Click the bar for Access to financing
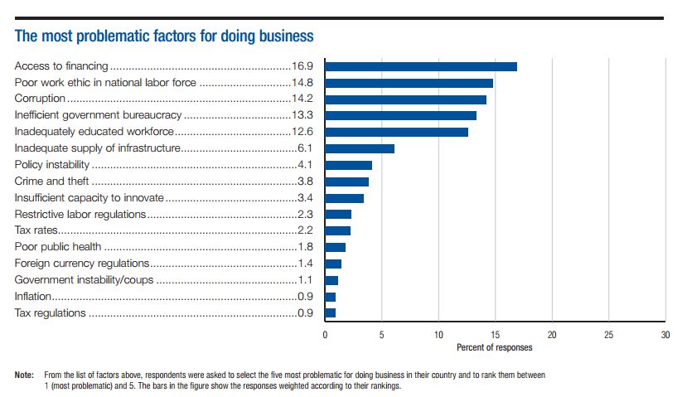pyautogui.click(x=420, y=66)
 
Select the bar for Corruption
pyautogui.click(x=405, y=99)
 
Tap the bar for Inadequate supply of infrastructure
pyautogui.click(x=359, y=148)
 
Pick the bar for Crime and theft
pyautogui.click(x=346, y=182)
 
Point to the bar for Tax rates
pyautogui.click(x=337, y=230)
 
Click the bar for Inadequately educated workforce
pyautogui.click(x=396, y=132)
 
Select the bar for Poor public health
pyautogui.click(x=335, y=247)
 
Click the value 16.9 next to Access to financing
pyautogui.click(x=304, y=66)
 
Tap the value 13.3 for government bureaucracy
pyautogui.click(x=304, y=115)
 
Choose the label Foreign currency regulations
pyautogui.click(x=83, y=264)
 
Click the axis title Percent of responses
pyautogui.click(x=495, y=347)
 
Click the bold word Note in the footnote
pyautogui.click(x=25, y=375)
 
